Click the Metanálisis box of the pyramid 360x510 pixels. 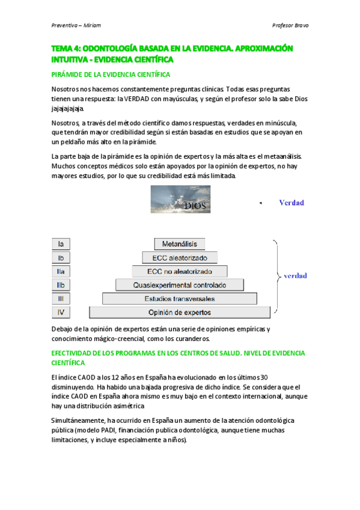(180, 244)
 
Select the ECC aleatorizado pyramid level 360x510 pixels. (180, 257)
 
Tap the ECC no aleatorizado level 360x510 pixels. (180, 271)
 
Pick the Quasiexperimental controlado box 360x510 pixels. (180, 284)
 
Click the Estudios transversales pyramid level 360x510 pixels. (180, 298)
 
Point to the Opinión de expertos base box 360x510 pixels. (180, 312)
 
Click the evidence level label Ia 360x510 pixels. (61, 244)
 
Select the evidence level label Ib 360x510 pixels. (61, 257)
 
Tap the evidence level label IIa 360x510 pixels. (61, 271)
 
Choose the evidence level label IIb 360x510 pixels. (61, 284)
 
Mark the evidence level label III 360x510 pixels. (61, 298)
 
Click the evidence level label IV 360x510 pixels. (61, 312)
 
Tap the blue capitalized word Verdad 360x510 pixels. (291, 203)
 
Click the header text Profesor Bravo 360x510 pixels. (290, 25)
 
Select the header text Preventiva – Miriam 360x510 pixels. (75, 25)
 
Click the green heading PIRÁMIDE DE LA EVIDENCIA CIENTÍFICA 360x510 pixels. (111, 75)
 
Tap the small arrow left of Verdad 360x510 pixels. (260, 204)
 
